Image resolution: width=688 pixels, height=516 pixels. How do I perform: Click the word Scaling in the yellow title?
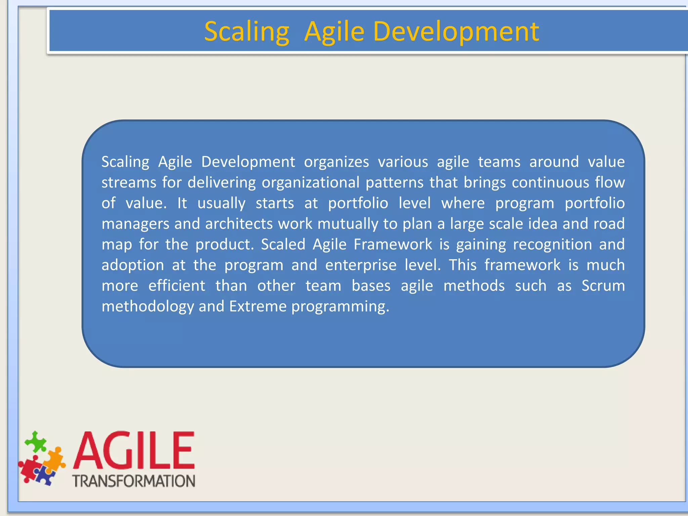click(x=247, y=32)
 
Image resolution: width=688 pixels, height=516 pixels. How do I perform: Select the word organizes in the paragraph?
click(x=336, y=162)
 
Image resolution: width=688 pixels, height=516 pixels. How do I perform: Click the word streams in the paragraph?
click(x=129, y=183)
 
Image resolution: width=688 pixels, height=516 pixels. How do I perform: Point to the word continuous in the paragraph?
click(x=550, y=183)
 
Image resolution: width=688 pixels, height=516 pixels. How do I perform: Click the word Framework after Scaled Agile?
click(x=393, y=245)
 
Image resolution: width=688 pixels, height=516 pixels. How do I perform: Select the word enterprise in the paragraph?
click(x=361, y=265)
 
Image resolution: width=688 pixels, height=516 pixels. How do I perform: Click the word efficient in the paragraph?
click(x=177, y=286)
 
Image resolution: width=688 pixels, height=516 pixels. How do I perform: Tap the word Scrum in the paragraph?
click(x=603, y=286)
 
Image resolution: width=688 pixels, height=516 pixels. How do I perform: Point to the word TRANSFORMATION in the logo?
click(x=134, y=481)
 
